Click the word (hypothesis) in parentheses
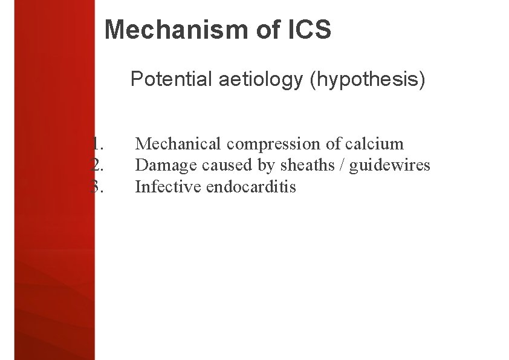point(368,79)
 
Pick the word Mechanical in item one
point(178,144)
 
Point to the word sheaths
point(304,165)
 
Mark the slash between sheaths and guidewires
point(341,165)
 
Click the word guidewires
point(390,165)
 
